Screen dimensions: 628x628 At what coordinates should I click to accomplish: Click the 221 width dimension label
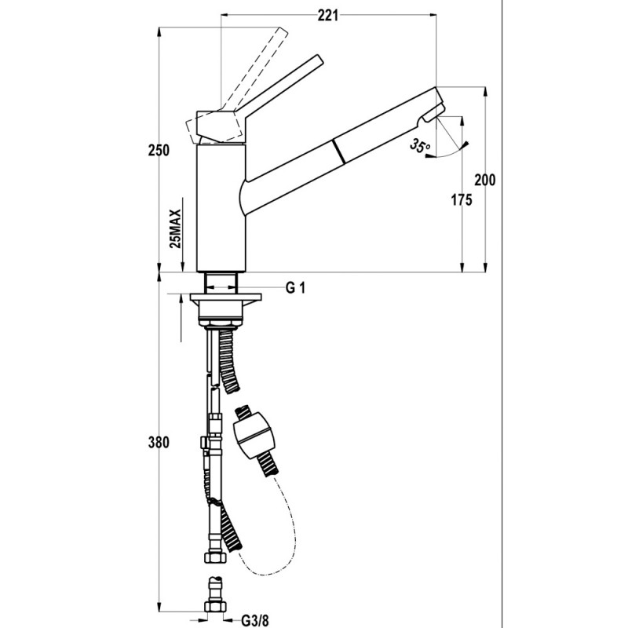(328, 16)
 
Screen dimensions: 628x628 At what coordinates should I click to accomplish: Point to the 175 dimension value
(462, 201)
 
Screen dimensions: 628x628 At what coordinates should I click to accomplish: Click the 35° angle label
(420, 146)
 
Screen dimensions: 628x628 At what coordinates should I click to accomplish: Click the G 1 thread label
(295, 288)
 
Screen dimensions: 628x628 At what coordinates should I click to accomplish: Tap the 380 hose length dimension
(159, 444)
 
